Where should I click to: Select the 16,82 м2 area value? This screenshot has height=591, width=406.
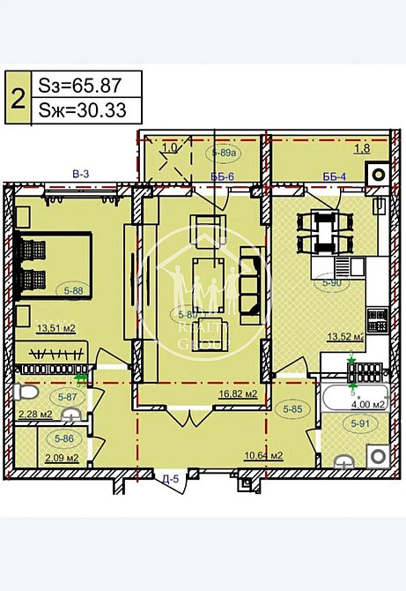coord(238,394)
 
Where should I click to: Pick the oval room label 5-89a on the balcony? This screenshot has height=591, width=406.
coord(225,153)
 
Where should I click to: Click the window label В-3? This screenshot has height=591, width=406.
coord(80,175)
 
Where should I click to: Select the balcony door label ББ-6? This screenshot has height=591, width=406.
coord(221,176)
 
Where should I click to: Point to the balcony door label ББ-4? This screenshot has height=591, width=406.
coord(334,176)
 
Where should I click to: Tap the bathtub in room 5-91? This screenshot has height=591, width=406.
coord(352,397)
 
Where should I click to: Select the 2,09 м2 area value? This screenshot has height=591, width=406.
coord(63,457)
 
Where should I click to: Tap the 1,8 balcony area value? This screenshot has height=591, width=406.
coord(361,149)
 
